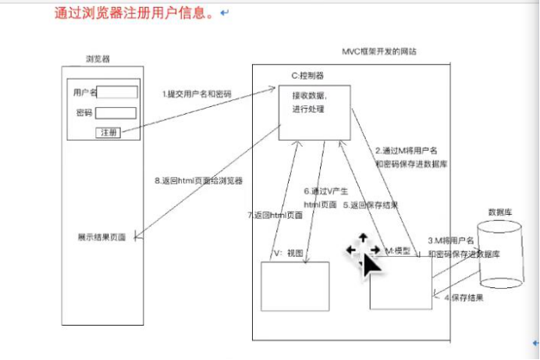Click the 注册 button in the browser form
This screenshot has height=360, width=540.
(x=108, y=133)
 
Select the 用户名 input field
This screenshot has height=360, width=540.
(x=117, y=92)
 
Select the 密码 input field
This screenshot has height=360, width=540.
(x=117, y=113)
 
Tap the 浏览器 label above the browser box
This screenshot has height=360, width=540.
(x=98, y=59)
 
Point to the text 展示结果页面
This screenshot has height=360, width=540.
(x=101, y=237)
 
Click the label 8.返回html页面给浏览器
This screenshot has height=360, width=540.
(x=198, y=180)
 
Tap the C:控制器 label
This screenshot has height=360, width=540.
(x=307, y=76)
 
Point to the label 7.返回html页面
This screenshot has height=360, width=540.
(x=274, y=215)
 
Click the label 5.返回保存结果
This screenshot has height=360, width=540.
(x=371, y=205)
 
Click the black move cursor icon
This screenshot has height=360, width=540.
(x=364, y=253)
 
